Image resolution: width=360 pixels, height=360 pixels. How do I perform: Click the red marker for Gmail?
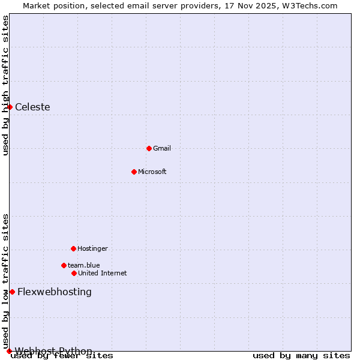coord(149,148)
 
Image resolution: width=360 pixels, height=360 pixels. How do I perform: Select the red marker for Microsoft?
coord(134,172)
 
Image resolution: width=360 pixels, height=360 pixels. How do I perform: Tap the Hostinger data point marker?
coord(73,248)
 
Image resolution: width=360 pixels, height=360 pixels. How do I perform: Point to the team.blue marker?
coord(64,265)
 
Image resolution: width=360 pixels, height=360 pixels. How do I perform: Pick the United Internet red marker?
coord(74,273)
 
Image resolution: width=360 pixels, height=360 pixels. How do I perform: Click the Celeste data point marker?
coord(10,107)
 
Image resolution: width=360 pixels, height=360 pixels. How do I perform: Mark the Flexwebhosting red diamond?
coord(12,292)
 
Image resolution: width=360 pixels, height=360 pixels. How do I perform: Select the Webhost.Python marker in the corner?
coord(9,351)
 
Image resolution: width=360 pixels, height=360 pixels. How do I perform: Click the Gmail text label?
coord(162,148)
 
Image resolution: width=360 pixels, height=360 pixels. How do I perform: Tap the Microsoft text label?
coord(152,172)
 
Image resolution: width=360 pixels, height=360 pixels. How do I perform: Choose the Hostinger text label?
coord(92,248)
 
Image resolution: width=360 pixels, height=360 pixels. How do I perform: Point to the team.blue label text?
coord(84,265)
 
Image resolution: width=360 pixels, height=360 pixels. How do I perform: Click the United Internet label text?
coord(103,273)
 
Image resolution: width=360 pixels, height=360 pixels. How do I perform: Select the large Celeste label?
coord(32,107)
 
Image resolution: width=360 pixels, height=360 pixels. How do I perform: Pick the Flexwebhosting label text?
coord(55,292)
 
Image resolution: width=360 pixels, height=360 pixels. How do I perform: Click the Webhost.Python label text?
coord(54,350)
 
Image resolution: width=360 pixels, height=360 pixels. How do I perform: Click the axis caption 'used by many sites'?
coord(301,355)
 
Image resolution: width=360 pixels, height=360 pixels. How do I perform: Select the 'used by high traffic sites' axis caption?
coord(6,85)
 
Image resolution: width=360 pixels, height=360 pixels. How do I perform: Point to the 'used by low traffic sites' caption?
coord(6,281)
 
